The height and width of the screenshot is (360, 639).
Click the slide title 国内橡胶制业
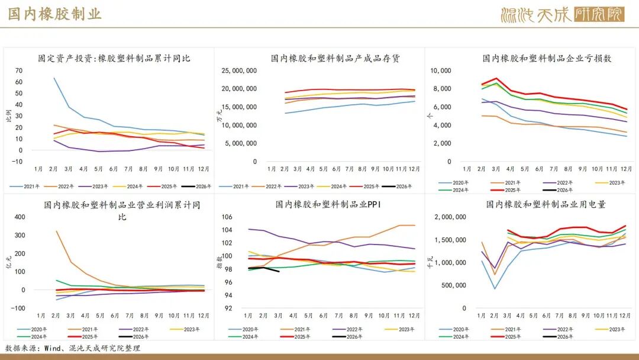[54, 14]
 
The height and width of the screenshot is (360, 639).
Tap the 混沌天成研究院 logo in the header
[562, 14]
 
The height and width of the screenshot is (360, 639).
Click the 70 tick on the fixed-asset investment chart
[19, 70]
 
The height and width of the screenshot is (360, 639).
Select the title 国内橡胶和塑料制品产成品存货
[335, 58]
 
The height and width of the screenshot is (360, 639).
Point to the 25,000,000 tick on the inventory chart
[239, 70]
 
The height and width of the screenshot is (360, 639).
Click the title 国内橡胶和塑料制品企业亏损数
[547, 58]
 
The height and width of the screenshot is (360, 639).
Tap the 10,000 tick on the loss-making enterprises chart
[440, 70]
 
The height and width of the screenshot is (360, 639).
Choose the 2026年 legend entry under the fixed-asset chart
[191, 187]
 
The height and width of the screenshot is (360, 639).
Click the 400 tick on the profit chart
[20, 217]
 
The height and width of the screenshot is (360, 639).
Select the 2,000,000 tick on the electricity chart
[450, 217]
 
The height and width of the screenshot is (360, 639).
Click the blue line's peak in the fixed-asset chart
[54, 78]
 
